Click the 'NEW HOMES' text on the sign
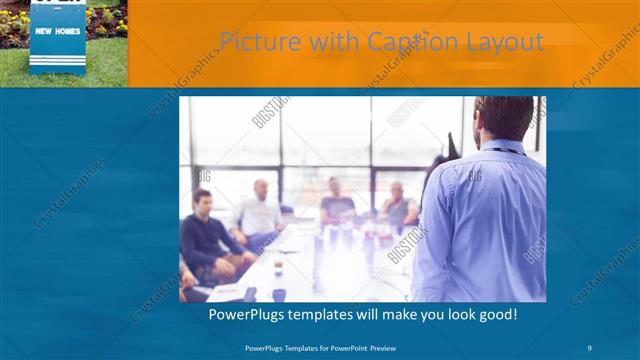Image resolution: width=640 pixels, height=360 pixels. [x=57, y=31]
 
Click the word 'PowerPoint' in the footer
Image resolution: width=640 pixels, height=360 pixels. [x=342, y=348]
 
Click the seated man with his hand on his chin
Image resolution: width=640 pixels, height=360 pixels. [x=398, y=205]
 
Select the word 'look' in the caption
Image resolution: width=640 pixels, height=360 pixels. [x=454, y=314]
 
